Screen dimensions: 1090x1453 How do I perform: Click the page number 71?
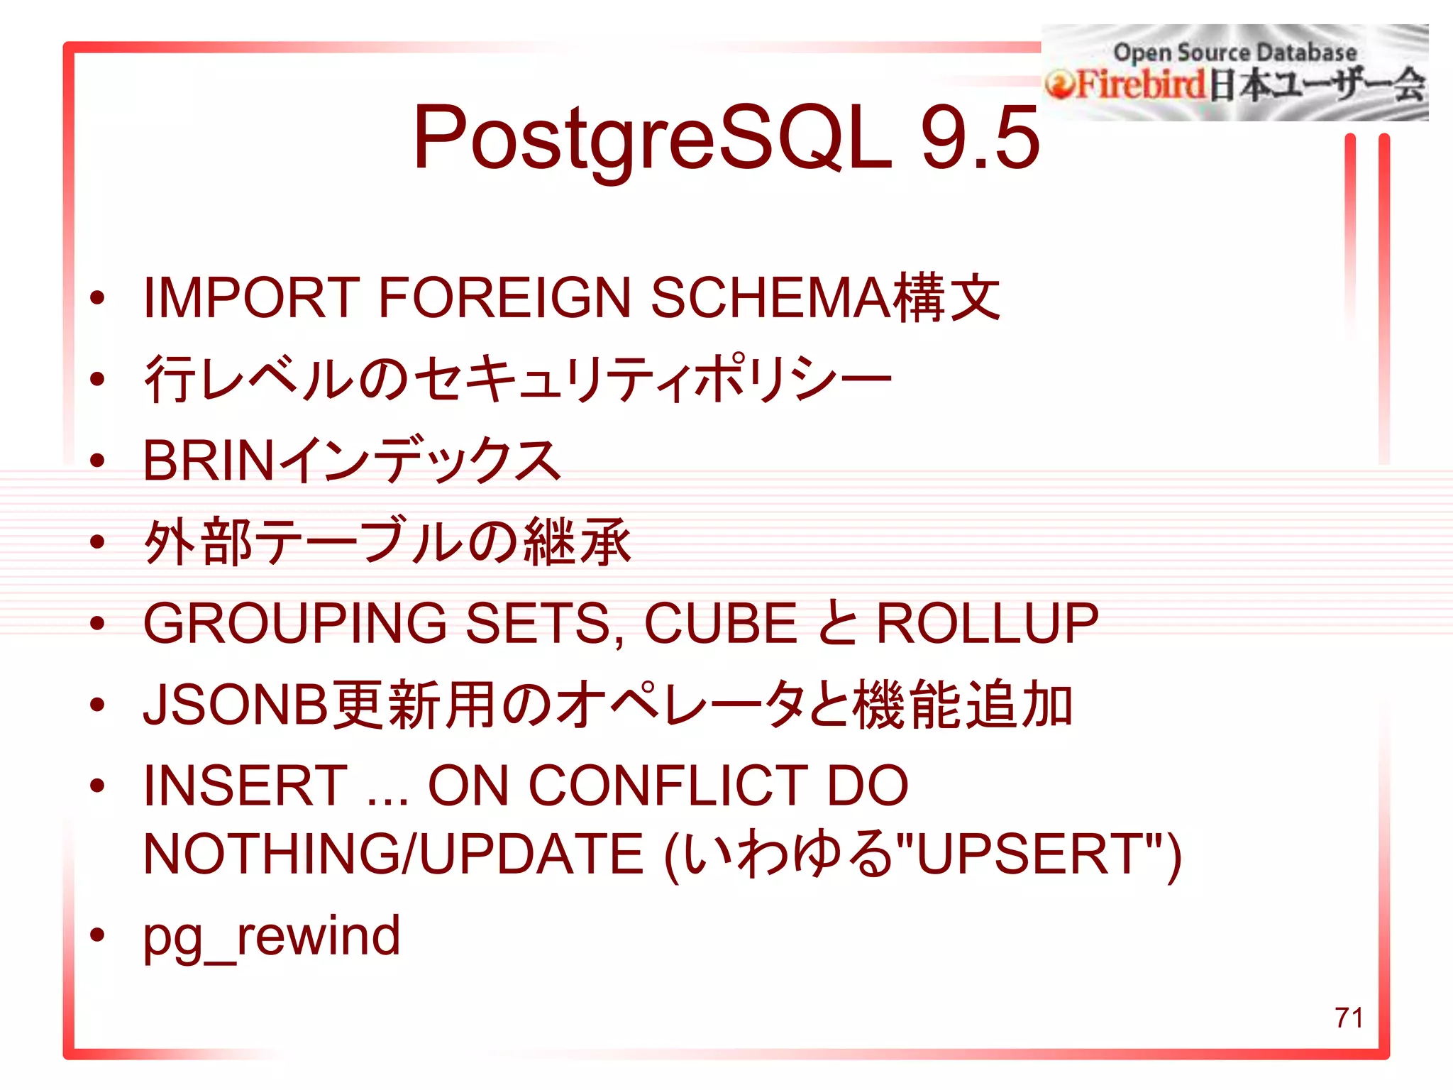(x=1349, y=1018)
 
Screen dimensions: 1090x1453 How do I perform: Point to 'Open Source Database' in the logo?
(x=1234, y=53)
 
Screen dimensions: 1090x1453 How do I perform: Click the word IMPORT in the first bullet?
(x=251, y=297)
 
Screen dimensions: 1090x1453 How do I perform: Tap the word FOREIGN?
(x=504, y=297)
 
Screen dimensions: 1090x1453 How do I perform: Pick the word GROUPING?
(x=294, y=623)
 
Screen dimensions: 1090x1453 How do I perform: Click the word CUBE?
(x=720, y=623)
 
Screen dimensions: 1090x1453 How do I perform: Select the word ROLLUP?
(x=987, y=623)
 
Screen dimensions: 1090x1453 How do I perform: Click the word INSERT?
(x=245, y=786)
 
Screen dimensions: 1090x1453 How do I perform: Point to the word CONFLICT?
(x=668, y=786)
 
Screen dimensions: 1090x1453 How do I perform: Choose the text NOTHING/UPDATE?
(x=392, y=854)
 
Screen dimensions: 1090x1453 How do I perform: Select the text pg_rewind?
(x=272, y=937)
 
